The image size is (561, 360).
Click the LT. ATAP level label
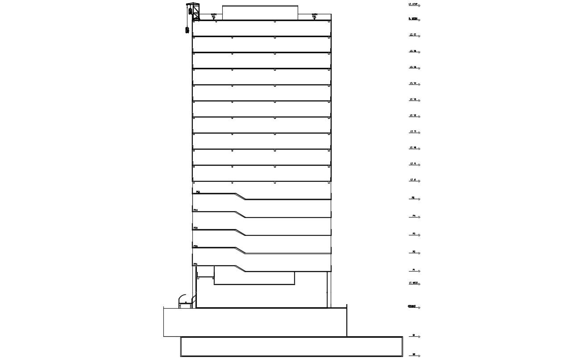point(413,4)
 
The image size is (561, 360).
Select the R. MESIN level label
point(413,19)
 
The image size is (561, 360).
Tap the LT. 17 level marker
point(413,34)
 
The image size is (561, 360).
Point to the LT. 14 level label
point(413,83)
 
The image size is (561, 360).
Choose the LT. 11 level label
point(413,131)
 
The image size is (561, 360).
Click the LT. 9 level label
point(413,163)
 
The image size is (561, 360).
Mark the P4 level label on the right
point(414,216)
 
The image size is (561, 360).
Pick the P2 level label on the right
point(414,252)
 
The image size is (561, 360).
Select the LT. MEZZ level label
point(413,283)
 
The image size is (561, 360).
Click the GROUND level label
point(411,306)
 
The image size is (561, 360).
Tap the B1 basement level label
point(414,335)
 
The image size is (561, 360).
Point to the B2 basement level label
point(414,354)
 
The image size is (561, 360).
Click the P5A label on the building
point(197,192)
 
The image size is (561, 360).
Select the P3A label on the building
point(196,228)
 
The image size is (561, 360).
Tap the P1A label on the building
point(196,264)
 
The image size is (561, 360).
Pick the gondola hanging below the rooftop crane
point(186,30)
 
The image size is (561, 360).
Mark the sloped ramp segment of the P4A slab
point(240,214)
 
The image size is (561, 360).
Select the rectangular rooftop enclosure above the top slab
point(260,13)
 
